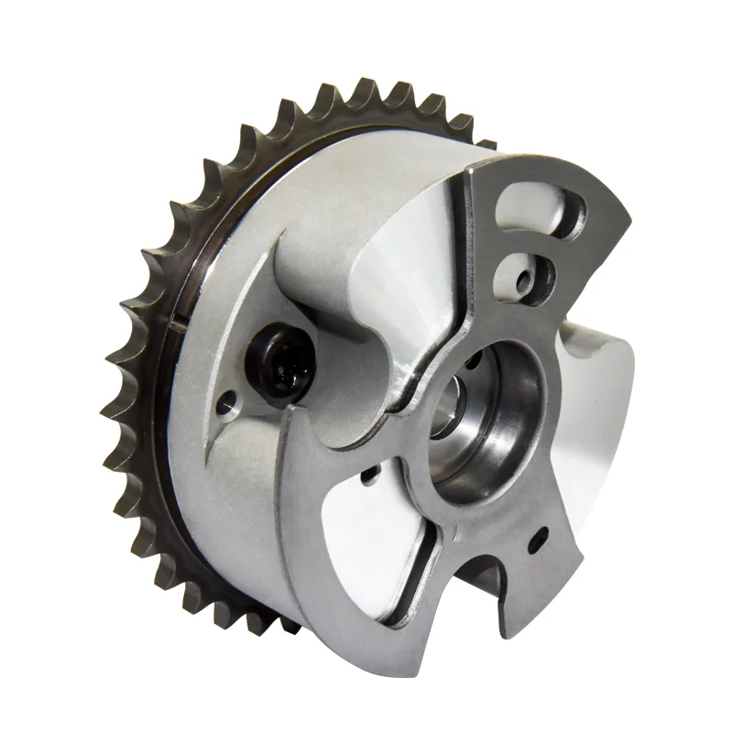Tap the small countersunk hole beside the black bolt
click(229, 399)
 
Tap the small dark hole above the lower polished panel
click(367, 475)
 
